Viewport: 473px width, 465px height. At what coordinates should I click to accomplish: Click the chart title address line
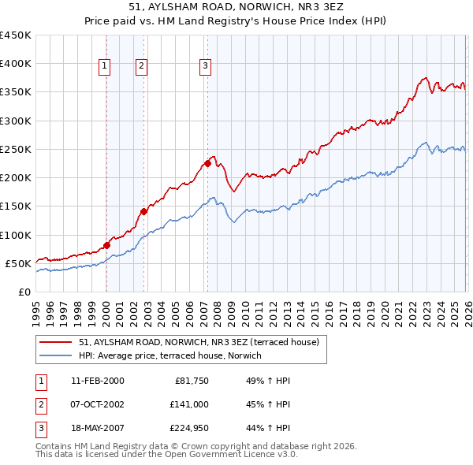coord(236,6)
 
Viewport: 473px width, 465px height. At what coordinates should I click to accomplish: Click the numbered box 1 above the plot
coord(105,67)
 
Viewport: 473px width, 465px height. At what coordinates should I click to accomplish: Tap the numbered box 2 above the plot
coord(141,67)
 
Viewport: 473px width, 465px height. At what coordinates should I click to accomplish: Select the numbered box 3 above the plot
coord(204,67)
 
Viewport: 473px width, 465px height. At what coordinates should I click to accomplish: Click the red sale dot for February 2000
coord(106,245)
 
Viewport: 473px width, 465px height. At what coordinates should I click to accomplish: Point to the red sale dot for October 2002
coord(144,211)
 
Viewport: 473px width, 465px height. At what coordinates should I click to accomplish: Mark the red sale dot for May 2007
coord(207,164)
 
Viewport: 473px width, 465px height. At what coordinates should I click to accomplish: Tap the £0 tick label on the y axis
coord(24,292)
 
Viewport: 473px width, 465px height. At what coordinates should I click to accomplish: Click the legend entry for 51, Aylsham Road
coord(198,343)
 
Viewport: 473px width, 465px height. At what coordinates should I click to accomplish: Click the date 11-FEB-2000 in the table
coord(97,381)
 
